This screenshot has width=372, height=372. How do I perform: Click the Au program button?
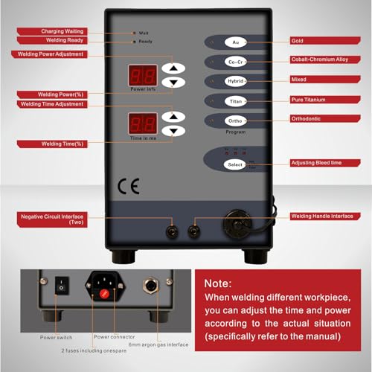click(234, 43)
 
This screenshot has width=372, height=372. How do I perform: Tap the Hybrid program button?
click(234, 80)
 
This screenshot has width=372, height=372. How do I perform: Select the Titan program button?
click(234, 100)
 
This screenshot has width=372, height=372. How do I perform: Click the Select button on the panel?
click(235, 164)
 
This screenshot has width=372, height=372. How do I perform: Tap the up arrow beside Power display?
click(173, 65)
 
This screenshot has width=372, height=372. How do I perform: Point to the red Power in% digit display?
click(142, 74)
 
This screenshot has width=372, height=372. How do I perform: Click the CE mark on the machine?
click(128, 187)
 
